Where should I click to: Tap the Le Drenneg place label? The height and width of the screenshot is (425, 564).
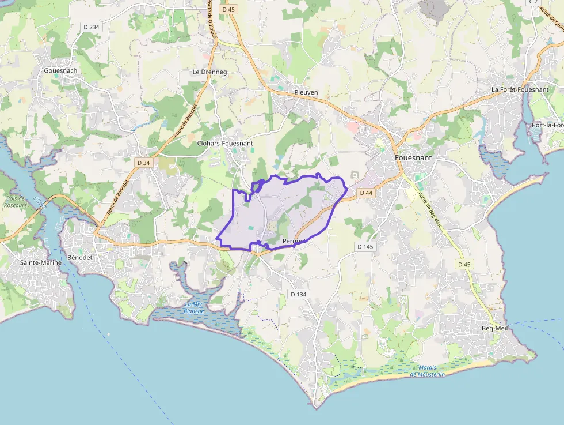tap(209, 72)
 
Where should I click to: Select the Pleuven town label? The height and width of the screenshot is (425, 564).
tap(306, 92)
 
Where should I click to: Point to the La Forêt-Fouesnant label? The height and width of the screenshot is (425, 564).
tap(520, 90)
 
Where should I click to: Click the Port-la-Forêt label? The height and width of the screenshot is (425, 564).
tap(547, 125)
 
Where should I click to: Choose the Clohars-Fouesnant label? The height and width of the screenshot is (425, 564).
tap(224, 143)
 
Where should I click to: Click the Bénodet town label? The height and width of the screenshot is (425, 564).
tap(79, 257)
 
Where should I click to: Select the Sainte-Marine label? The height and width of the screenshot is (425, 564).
tap(40, 263)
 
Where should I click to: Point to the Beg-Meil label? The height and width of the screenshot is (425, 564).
tap(495, 328)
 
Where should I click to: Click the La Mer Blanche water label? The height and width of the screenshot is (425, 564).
tap(194, 307)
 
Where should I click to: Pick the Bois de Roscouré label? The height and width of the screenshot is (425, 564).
tap(16, 202)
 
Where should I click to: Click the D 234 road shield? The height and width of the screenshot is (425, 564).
tap(91, 27)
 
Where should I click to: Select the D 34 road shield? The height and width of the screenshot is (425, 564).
tap(144, 163)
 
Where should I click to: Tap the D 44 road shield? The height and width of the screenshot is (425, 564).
tap(366, 193)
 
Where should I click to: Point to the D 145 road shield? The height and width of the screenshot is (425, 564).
tap(365, 247)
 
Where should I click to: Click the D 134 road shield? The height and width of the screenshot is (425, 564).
tap(298, 294)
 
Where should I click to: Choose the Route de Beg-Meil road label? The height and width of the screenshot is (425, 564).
tap(429, 208)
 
